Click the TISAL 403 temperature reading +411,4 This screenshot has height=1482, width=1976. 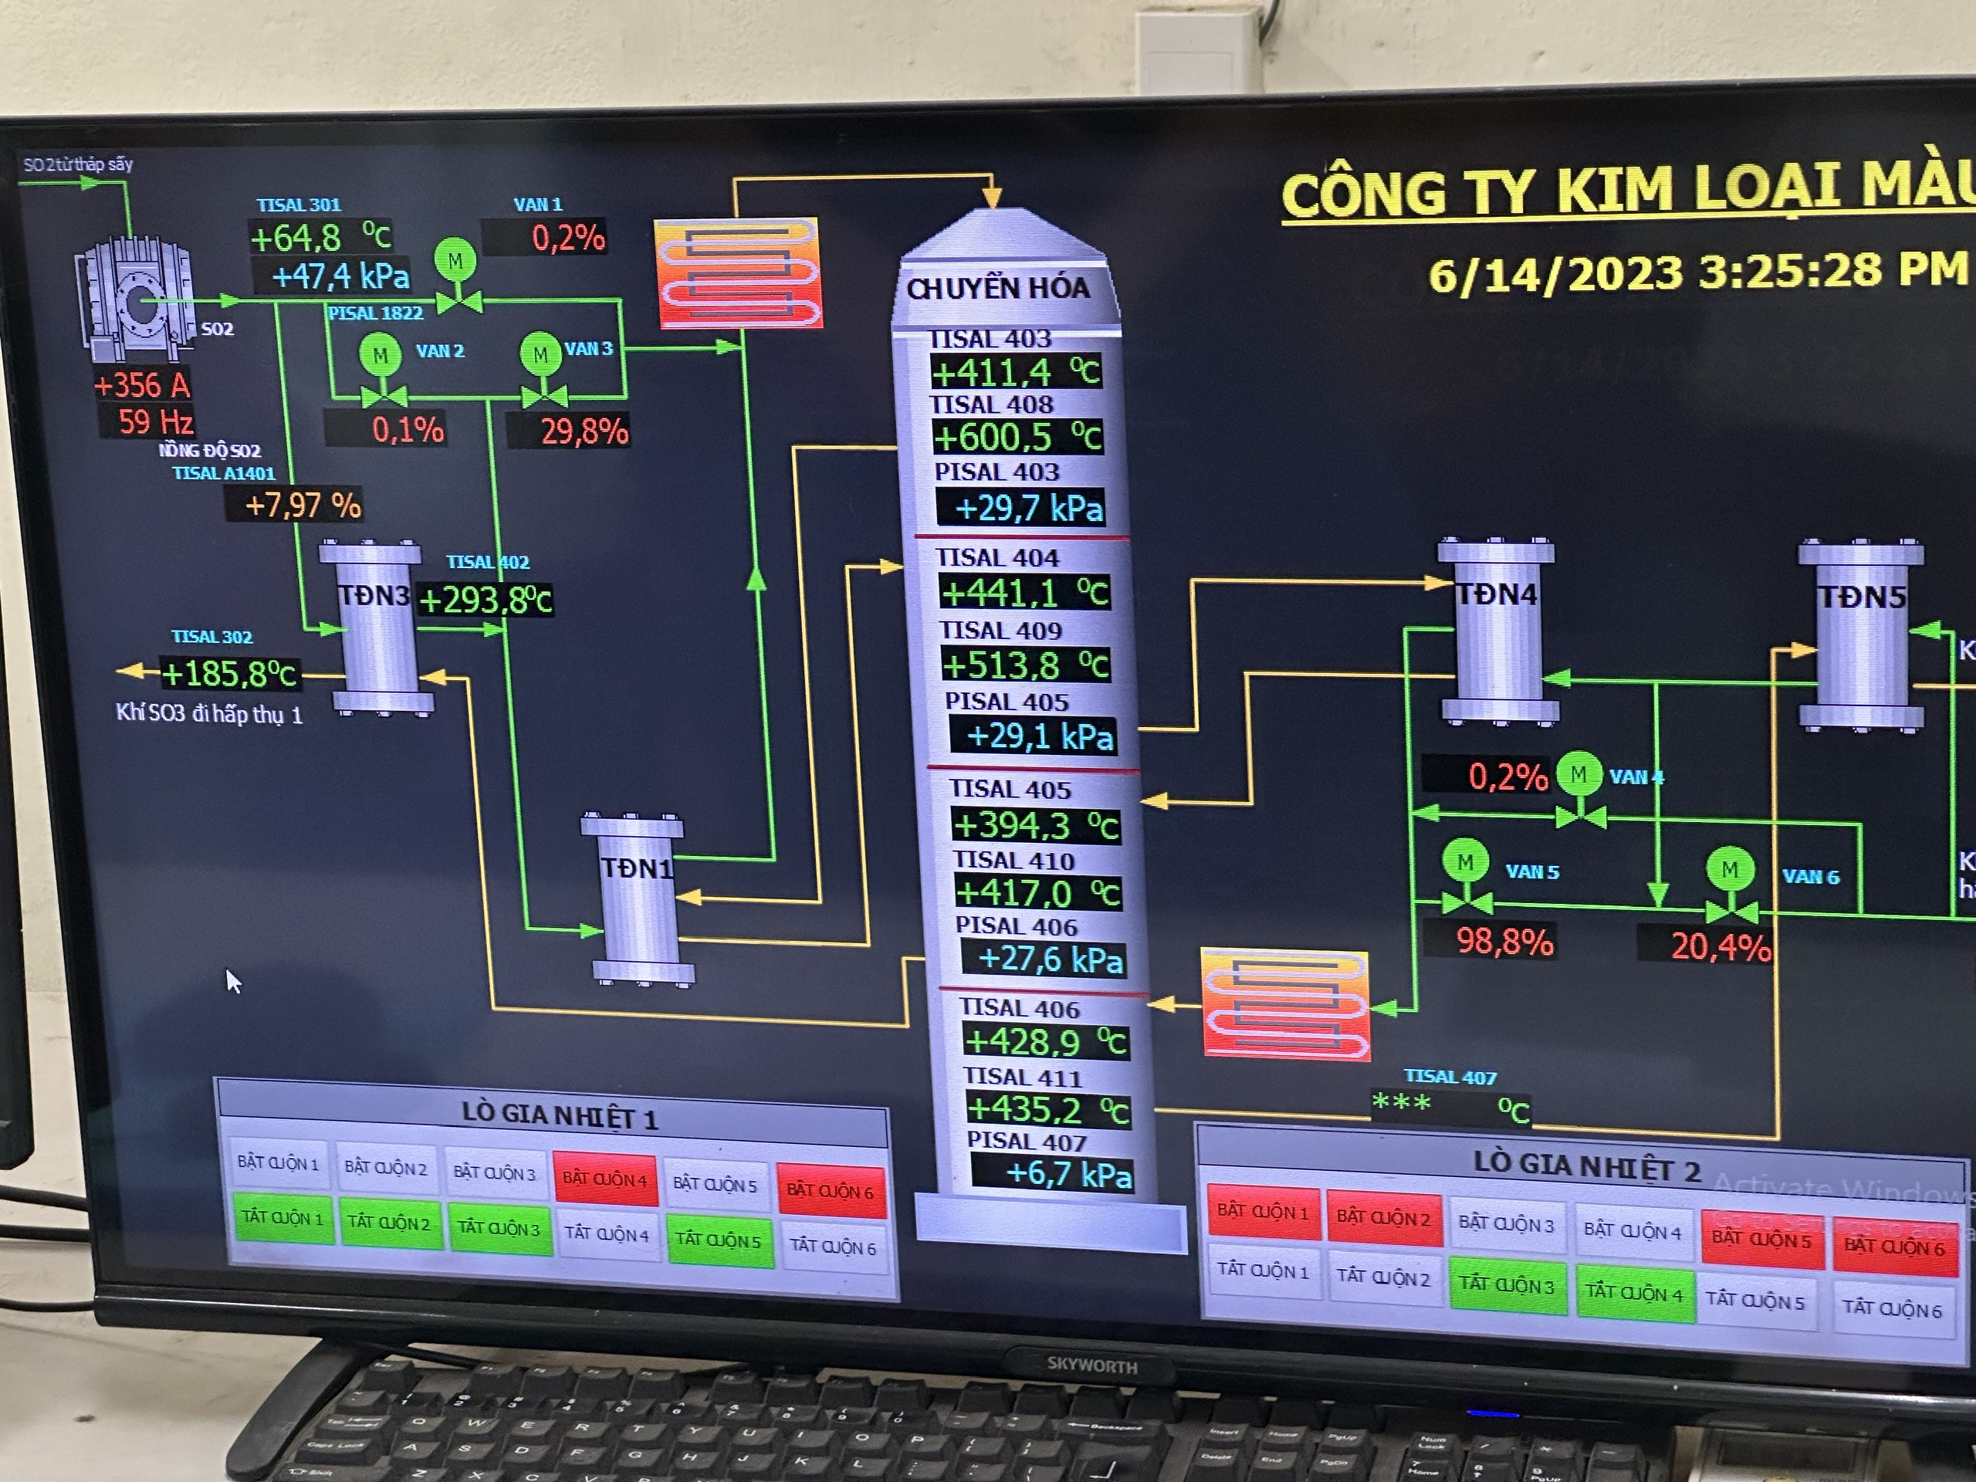point(1015,371)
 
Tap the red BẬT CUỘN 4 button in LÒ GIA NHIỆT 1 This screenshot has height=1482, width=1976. point(605,1179)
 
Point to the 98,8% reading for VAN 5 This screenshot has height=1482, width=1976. point(1504,942)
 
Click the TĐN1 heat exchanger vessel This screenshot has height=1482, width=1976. point(637,898)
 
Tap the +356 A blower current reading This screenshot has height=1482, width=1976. point(142,386)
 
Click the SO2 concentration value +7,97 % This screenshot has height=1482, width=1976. point(303,506)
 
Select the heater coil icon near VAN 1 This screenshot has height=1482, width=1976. point(738,273)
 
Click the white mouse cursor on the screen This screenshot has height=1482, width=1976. point(232,981)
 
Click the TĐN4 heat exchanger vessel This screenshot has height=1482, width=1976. point(1498,631)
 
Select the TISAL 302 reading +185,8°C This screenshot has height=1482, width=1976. point(228,674)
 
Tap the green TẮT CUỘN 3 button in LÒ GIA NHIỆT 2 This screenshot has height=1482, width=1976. point(1506,1285)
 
